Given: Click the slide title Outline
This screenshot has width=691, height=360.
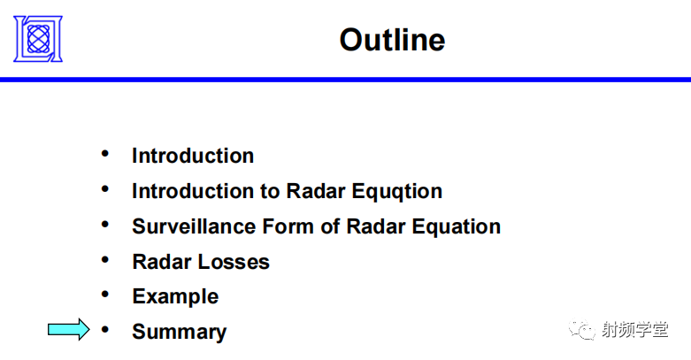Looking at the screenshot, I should pos(392,40).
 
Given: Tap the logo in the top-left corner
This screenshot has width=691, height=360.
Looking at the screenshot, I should pos(38,38).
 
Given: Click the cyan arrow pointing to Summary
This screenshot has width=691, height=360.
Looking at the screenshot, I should pos(69,330).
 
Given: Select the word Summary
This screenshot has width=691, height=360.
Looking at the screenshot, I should pos(179,332).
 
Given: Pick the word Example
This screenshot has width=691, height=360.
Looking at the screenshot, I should pos(175,296).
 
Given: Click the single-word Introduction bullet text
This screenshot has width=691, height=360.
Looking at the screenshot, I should pos(193,156).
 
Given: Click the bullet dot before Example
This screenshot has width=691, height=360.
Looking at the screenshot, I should pos(106,295).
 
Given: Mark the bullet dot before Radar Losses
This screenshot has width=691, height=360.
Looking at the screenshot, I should pos(106,260).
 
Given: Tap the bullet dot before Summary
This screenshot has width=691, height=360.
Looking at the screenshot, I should pos(106,330).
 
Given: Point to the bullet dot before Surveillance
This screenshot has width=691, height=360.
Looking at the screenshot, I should pos(106,225).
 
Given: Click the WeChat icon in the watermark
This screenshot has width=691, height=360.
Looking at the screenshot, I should pos(583,330).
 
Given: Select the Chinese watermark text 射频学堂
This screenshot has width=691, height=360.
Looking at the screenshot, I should pos(634,330).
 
